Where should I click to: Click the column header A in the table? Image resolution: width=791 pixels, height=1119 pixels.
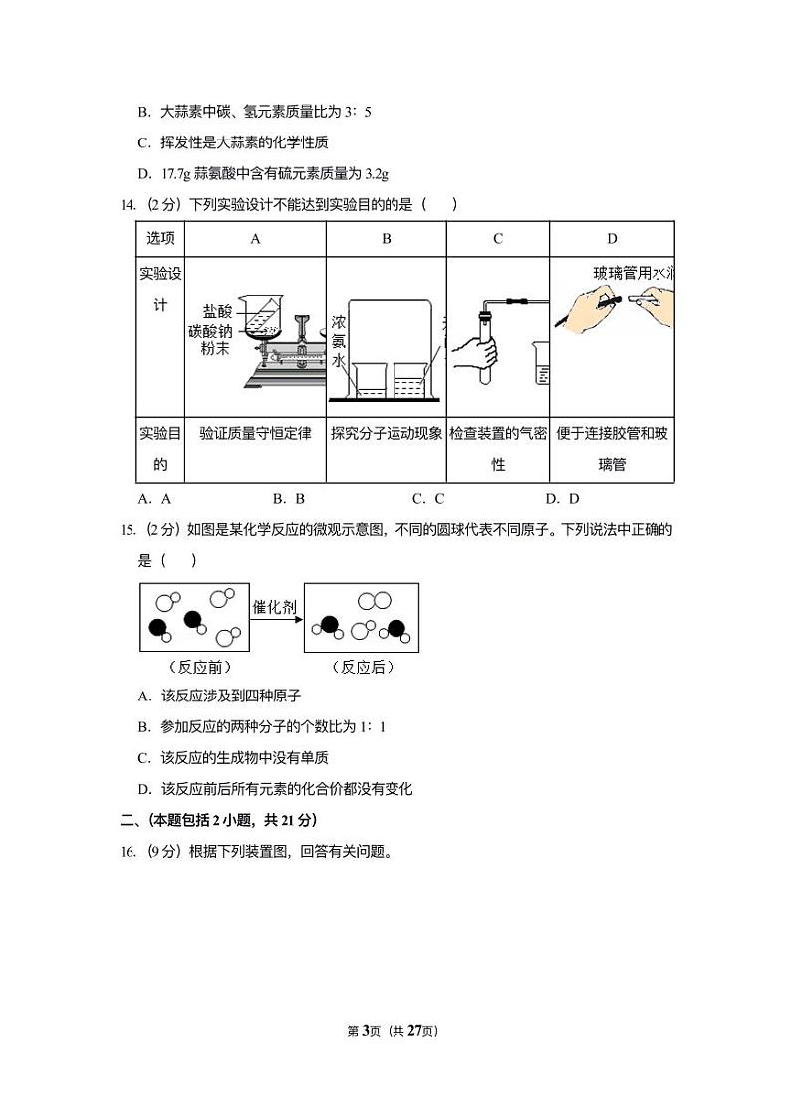[255, 239]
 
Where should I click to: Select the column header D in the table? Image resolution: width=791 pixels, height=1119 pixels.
[612, 239]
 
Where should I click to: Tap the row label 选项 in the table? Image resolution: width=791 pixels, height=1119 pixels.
[160, 239]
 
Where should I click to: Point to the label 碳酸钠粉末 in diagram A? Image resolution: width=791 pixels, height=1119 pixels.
[215, 339]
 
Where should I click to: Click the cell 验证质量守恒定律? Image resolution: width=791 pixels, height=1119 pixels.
[255, 434]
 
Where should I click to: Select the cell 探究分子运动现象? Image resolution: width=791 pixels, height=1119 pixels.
[387, 434]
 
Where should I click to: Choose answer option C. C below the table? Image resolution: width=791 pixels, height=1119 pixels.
[428, 499]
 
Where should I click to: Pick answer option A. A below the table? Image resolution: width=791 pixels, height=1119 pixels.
[155, 499]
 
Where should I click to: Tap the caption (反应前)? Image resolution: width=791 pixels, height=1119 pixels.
[194, 668]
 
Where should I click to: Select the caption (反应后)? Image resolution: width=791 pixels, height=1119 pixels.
[362, 668]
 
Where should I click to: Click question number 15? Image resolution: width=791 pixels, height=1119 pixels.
[127, 530]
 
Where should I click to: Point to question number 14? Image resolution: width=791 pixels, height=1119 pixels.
[127, 205]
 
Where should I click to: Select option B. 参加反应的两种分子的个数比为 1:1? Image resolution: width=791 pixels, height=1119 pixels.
[262, 727]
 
